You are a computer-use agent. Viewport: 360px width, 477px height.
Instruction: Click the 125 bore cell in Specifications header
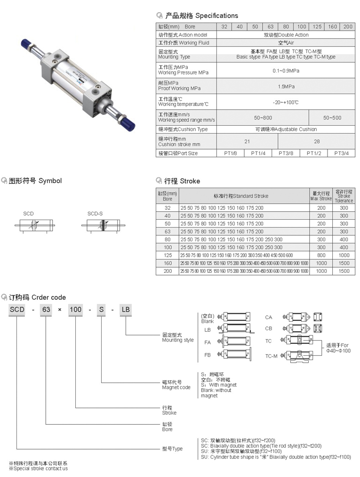317,27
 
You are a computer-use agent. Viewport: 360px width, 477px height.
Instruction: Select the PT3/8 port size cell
286,153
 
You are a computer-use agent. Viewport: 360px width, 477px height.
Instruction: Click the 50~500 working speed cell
332,118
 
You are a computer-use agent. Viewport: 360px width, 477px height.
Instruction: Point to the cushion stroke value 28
316,141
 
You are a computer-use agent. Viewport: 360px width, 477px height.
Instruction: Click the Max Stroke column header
321,196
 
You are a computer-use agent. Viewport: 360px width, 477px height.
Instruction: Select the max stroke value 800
321,255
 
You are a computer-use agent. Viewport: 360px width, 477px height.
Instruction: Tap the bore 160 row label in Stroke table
168,263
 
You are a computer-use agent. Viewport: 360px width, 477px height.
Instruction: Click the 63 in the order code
46,310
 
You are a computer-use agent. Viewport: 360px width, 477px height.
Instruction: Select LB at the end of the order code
126,310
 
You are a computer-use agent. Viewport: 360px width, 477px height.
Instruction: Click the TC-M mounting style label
271,356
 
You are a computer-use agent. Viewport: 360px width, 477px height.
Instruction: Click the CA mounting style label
268,317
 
